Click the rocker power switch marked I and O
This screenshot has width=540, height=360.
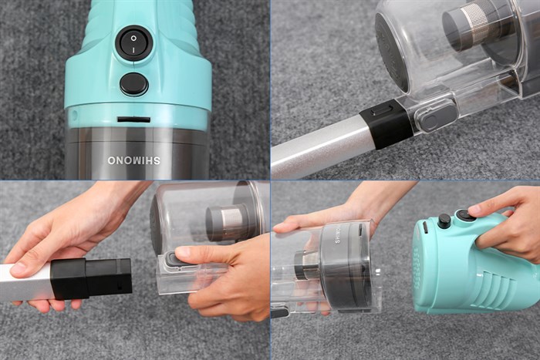pos(133,44)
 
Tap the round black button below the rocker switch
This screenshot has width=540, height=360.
pos(133,84)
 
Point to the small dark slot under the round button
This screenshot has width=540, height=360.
pos(133,119)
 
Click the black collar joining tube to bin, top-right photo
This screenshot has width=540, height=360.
pos(386,123)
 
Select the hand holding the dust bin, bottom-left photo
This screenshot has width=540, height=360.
pos(224,278)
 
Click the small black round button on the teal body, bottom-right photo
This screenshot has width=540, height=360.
pos(444,221)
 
